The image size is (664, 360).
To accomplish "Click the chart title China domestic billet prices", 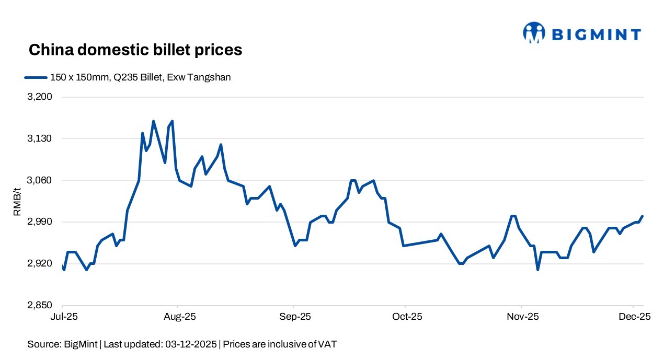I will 135,50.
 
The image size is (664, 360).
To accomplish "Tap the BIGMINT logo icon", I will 534,32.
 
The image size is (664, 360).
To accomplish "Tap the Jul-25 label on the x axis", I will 62,317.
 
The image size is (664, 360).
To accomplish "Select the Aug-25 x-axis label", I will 179,317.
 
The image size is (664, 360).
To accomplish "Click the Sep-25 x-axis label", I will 294,317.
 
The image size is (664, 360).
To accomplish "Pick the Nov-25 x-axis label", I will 522,317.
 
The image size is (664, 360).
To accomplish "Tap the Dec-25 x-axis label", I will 634,317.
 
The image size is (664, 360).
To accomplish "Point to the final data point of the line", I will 643,216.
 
